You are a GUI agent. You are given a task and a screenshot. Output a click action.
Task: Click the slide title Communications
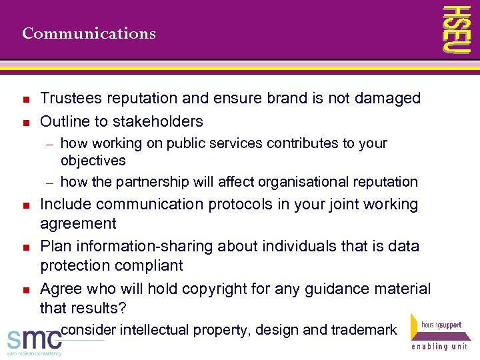(x=89, y=33)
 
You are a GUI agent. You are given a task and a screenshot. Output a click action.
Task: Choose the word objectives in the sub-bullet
(x=93, y=161)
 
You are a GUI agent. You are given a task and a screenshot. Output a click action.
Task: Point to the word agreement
(x=78, y=224)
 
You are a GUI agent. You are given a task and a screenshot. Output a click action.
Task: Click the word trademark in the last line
(x=364, y=330)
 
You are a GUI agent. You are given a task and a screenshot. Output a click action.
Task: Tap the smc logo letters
(x=33, y=338)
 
